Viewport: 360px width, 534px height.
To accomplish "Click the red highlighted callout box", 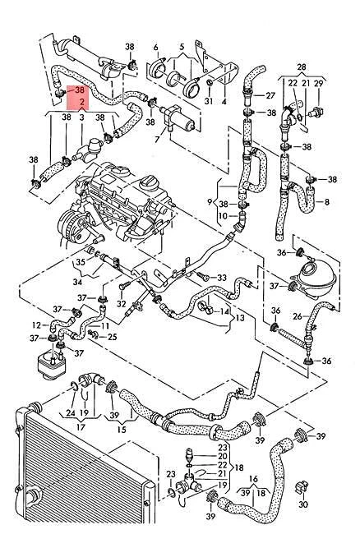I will (81, 96).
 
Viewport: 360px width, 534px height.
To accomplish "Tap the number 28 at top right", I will (301, 65).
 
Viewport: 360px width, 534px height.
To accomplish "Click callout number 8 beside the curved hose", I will (327, 201).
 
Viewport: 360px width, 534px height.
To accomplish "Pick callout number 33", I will (221, 279).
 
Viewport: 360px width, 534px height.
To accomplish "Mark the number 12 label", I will (36, 325).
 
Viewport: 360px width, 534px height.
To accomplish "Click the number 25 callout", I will (113, 336).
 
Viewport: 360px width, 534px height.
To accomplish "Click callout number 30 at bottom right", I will (303, 504).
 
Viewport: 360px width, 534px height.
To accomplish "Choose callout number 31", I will (208, 100).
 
